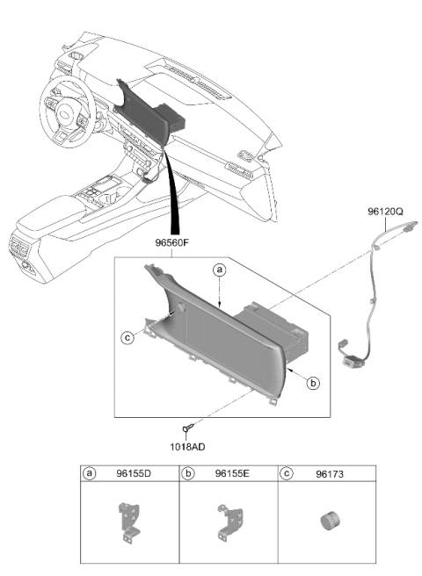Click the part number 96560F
(x=172, y=243)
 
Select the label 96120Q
(x=385, y=212)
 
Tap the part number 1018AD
(x=187, y=447)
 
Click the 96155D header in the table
(x=134, y=473)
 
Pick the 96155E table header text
(x=232, y=473)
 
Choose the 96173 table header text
(x=330, y=474)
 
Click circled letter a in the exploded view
(x=219, y=270)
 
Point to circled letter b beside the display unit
(x=313, y=383)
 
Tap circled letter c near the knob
(x=127, y=337)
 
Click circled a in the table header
(x=89, y=473)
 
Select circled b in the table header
(x=187, y=473)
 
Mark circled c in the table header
(x=287, y=473)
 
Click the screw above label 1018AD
(x=187, y=428)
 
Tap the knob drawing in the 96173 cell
(x=330, y=522)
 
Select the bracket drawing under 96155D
(x=129, y=522)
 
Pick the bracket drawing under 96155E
(x=229, y=522)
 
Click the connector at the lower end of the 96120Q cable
(x=351, y=361)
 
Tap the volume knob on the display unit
(x=180, y=308)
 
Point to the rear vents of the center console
(x=19, y=247)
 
